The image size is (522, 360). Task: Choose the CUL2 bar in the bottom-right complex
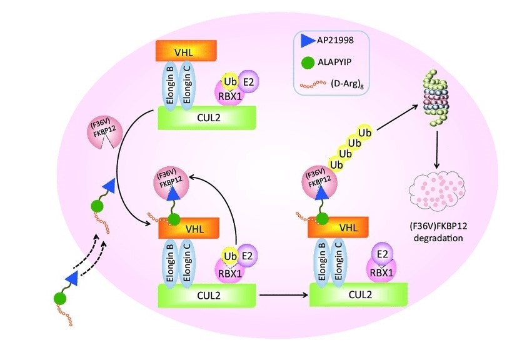359,294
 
